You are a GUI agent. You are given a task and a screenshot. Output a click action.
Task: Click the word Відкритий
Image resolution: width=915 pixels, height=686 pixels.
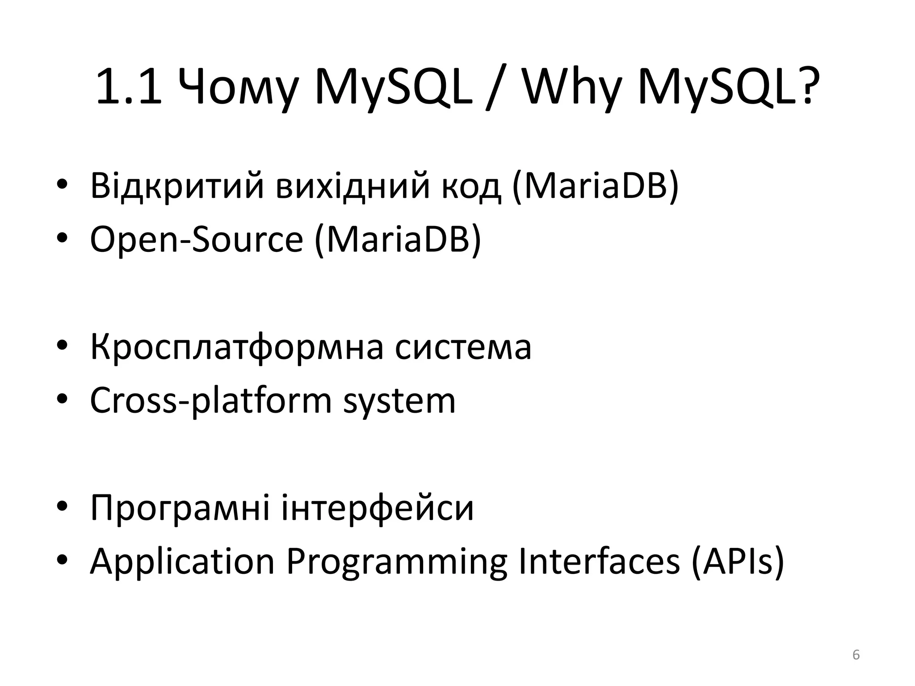(x=177, y=185)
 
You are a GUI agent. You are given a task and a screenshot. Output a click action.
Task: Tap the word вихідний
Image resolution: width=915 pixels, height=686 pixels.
(x=353, y=185)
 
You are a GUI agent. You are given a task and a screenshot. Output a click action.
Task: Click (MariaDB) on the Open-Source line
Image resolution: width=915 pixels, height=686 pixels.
(x=398, y=239)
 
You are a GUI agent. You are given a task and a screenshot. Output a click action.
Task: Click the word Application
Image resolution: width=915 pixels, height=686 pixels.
(x=182, y=562)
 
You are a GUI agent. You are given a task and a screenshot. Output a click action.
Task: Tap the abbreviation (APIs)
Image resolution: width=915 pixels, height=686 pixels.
(x=738, y=561)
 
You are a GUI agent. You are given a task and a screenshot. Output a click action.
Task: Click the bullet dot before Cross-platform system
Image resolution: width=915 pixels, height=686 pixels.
(x=62, y=398)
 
